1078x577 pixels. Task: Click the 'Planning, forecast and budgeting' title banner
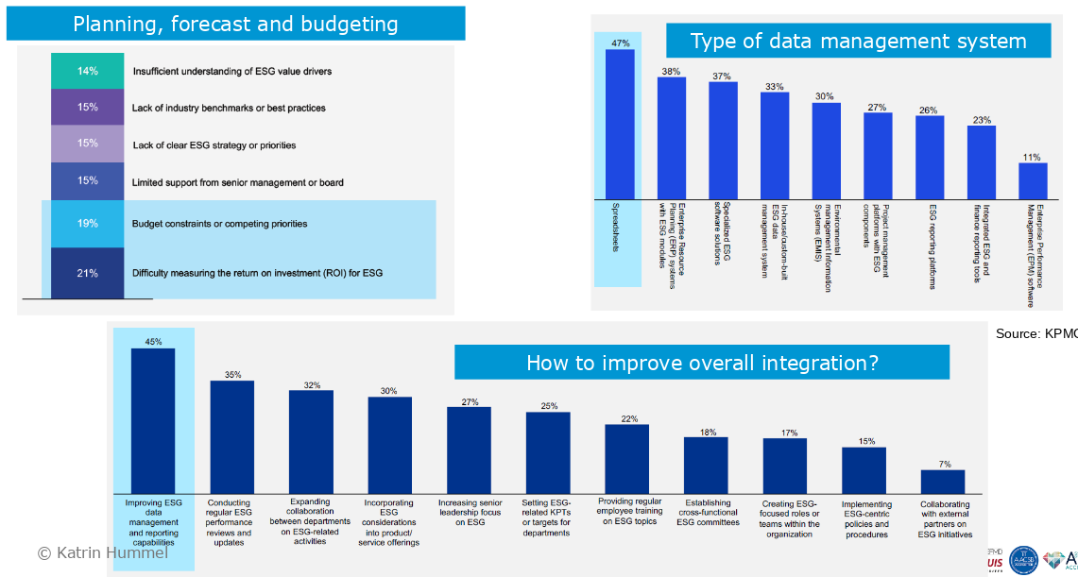[x=235, y=24]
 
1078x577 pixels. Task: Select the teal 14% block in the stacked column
[x=88, y=71]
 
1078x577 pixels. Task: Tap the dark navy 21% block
[x=88, y=273]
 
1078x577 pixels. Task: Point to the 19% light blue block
[x=88, y=224]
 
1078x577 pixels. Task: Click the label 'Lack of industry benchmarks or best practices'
[x=229, y=108]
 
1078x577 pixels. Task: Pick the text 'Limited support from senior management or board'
[x=237, y=182]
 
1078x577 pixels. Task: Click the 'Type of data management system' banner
[x=858, y=41]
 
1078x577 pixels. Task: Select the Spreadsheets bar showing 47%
[x=620, y=124]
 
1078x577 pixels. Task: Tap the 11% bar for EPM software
[x=1033, y=180]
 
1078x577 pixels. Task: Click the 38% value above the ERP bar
[x=671, y=71]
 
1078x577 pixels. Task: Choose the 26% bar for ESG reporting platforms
[x=929, y=157]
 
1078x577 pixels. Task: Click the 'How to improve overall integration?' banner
[x=702, y=363]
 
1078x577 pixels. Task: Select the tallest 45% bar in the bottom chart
[x=153, y=420]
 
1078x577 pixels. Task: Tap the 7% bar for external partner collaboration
[x=943, y=481]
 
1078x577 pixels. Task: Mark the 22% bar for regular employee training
[x=626, y=458]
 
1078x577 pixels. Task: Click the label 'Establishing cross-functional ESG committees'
[x=708, y=513]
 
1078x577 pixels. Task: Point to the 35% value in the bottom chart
[x=232, y=375]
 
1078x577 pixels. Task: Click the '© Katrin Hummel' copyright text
[x=102, y=552]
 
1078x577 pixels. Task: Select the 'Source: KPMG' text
[x=1035, y=333]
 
